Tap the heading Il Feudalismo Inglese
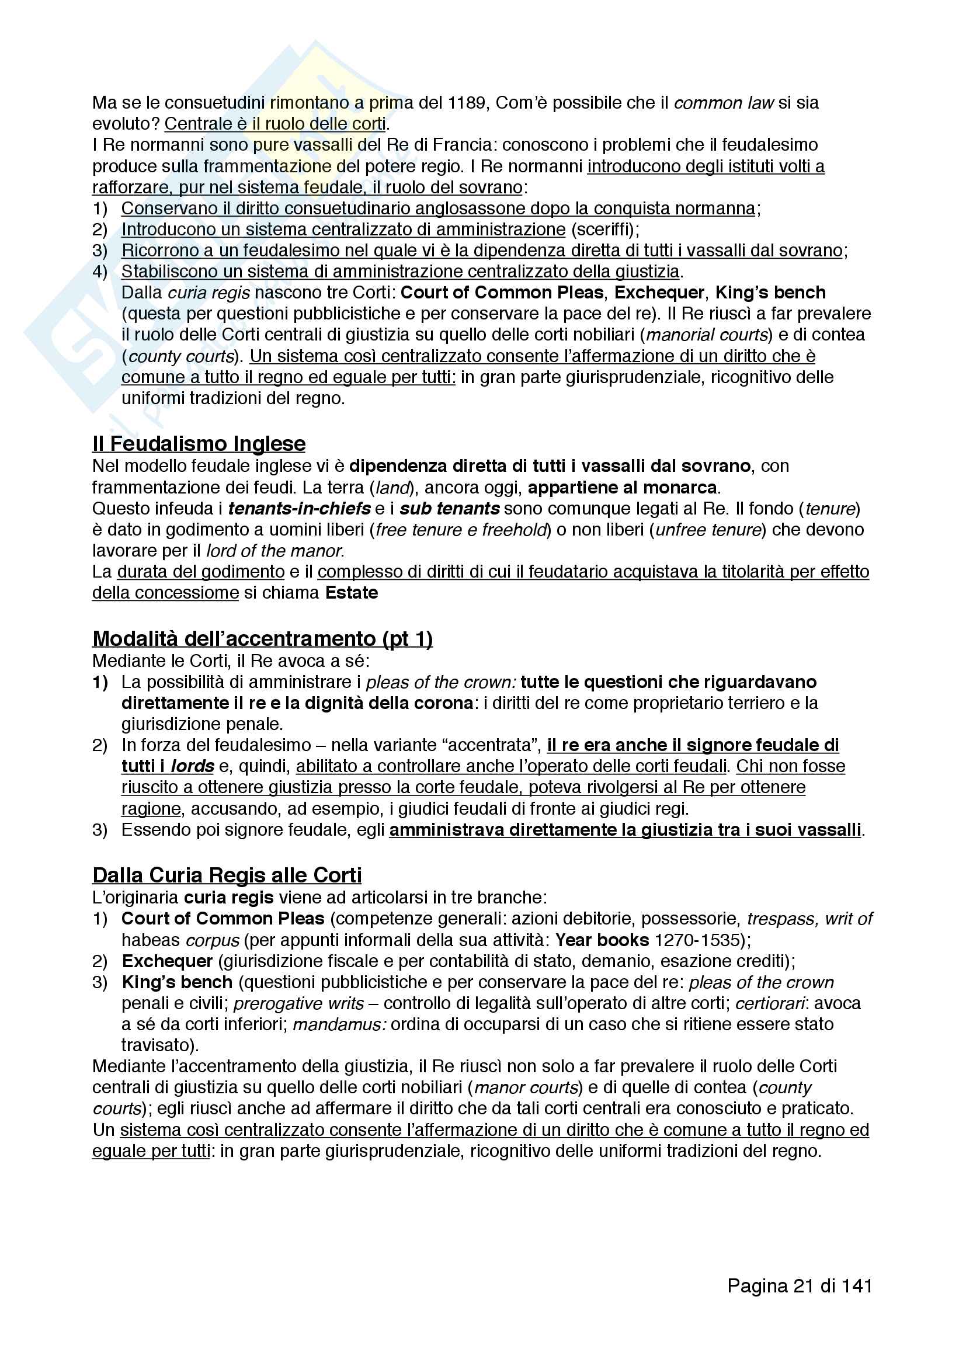pos(199,444)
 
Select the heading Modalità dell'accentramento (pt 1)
pos(262,638)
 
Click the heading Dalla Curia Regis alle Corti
pos(227,875)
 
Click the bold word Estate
pos(352,593)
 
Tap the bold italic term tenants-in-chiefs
pos(299,509)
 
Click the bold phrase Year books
pos(602,940)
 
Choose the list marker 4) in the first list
pos(100,272)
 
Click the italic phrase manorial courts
pos(707,335)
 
